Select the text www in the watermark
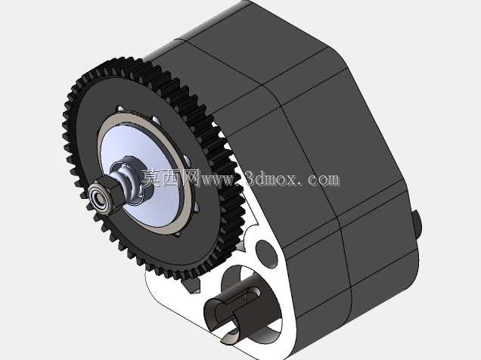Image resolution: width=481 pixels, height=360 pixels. point(219,178)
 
